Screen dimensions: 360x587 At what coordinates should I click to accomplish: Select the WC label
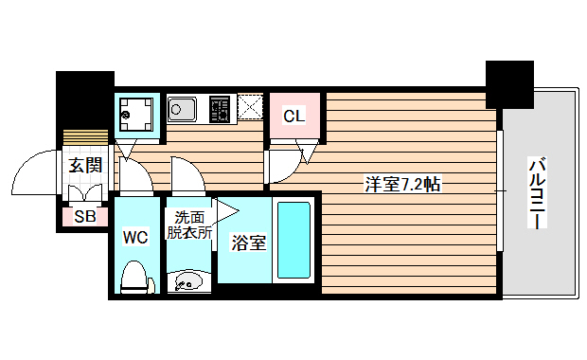135,238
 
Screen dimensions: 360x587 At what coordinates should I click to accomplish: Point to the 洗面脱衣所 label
188,225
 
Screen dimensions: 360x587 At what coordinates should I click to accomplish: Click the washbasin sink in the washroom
187,281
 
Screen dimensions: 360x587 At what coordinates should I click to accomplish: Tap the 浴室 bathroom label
249,243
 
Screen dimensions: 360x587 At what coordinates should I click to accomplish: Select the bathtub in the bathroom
293,242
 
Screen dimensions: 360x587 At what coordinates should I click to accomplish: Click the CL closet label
294,117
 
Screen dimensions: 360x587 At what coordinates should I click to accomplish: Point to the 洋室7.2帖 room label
403,184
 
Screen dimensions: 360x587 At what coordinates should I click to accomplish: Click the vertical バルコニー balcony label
536,193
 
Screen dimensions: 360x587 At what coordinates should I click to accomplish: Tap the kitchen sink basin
182,110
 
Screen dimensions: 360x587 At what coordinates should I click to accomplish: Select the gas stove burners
220,109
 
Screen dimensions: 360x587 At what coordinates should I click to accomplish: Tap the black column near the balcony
509,83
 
